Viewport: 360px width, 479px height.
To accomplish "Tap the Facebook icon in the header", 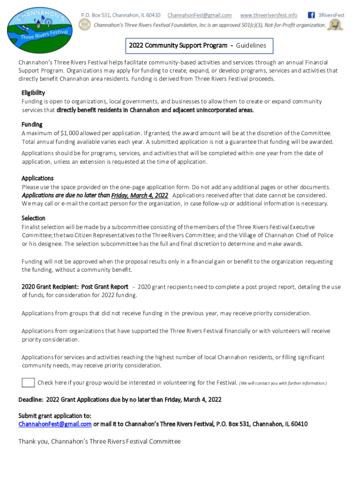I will (x=310, y=15).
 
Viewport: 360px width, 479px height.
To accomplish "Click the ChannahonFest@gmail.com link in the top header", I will (x=200, y=15).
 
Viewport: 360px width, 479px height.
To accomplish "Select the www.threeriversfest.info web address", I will (x=268, y=15).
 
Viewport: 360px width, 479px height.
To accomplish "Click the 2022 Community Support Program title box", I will (x=198, y=45).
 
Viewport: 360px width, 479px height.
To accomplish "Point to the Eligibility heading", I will (x=33, y=93).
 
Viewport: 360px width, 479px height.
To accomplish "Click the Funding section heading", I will (x=32, y=124).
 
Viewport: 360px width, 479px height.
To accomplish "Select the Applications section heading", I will (x=37, y=178).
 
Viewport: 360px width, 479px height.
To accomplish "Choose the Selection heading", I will (x=33, y=218).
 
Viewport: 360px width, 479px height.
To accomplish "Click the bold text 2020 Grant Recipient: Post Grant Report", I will (x=75, y=286).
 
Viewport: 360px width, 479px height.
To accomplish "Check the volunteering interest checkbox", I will (x=29, y=383).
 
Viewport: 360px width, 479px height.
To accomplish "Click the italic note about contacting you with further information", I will (x=283, y=383).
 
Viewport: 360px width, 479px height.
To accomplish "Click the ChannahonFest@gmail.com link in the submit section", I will (x=55, y=424).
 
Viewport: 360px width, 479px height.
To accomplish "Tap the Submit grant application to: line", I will (x=55, y=415).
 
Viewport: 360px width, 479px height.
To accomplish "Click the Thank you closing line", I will (x=99, y=441).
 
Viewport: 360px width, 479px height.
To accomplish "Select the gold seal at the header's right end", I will (x=335, y=25).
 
